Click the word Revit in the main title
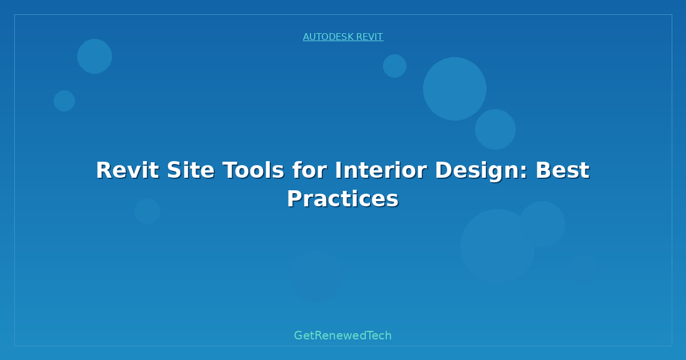pos(127,170)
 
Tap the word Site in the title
pos(190,170)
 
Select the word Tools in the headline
pos(253,170)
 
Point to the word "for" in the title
pos(310,170)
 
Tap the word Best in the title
pos(563,170)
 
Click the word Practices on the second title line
pos(343,199)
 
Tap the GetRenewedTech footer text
pos(342,335)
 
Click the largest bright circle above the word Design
pos(455,89)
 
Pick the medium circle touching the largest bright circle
pos(495,129)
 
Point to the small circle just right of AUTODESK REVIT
pos(395,66)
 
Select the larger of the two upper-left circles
pos(95,57)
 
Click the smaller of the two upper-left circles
pos(64,101)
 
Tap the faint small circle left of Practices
pos(147,211)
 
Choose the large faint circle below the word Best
pos(498,247)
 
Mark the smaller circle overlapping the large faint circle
pos(543,225)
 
